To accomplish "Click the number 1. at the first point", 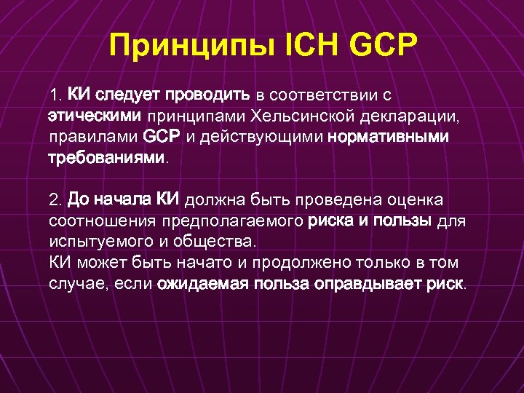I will [55, 95].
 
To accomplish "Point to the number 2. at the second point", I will [56, 200].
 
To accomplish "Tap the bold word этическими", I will [95, 116].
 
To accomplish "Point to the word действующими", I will [263, 137].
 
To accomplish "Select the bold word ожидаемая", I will [204, 283].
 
